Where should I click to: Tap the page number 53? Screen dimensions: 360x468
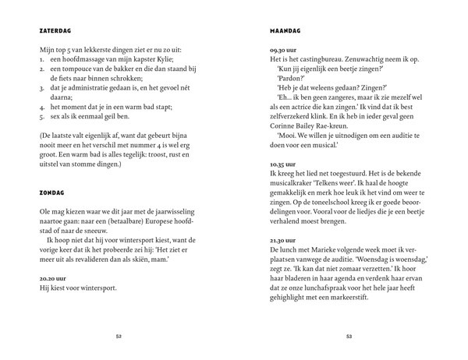(x=350, y=337)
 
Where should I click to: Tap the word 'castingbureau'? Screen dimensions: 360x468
(x=307, y=59)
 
